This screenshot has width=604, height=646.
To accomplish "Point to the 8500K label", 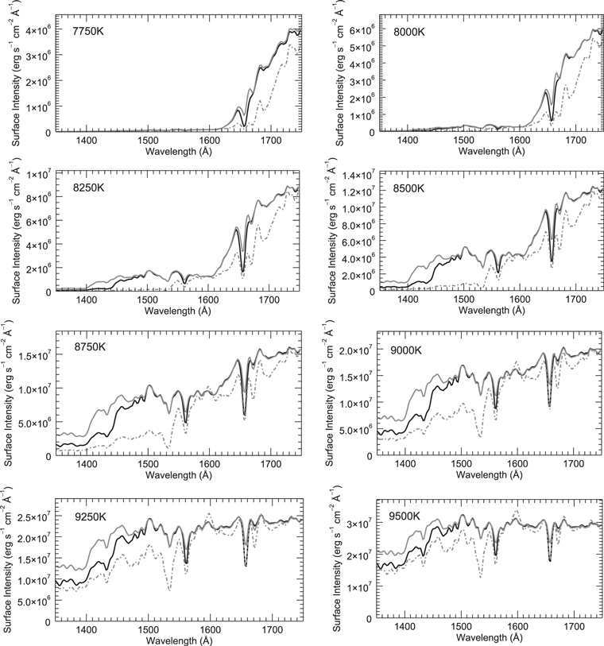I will coord(412,188).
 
